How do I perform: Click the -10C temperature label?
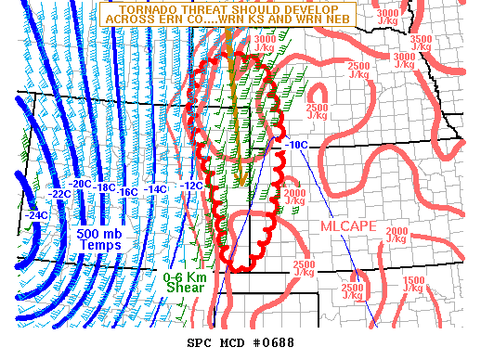pyautogui.click(x=297, y=145)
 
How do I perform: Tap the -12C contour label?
pyautogui.click(x=190, y=186)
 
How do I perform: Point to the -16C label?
pyautogui.click(x=129, y=191)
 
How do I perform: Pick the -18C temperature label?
pyautogui.click(x=106, y=187)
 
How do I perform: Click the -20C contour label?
pyautogui.click(x=82, y=184)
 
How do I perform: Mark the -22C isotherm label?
pyautogui.click(x=60, y=193)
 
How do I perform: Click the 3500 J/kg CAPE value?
pyautogui.click(x=421, y=44)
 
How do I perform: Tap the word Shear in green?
pyautogui.click(x=185, y=288)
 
